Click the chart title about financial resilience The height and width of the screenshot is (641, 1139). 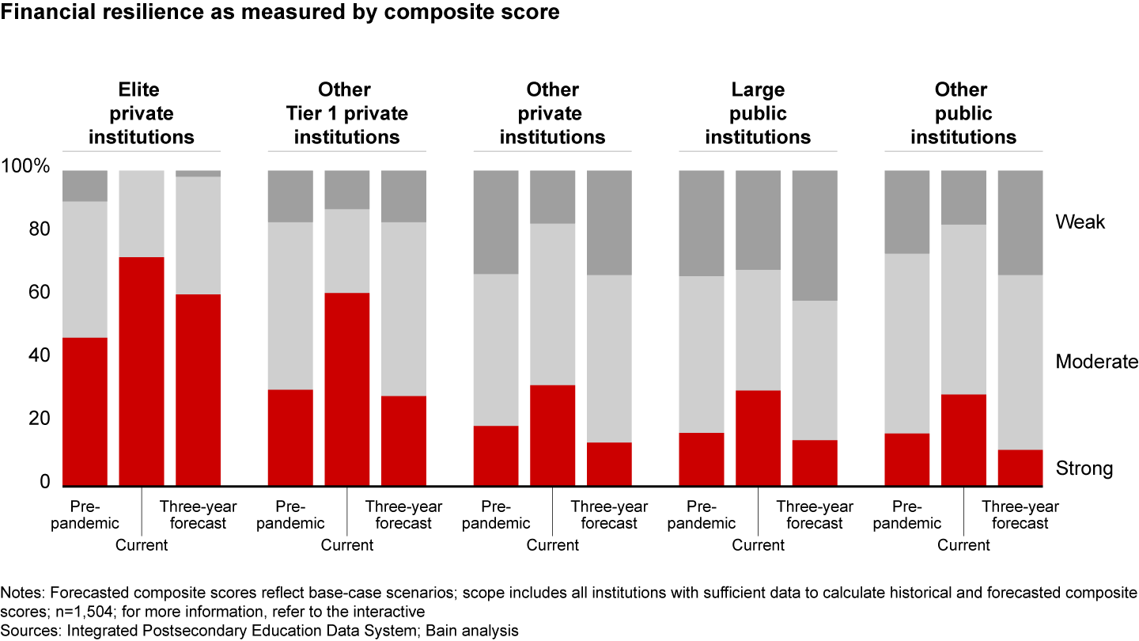click(x=280, y=13)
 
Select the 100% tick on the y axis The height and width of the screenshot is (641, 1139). click(x=26, y=167)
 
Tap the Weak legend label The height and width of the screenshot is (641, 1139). click(x=1080, y=222)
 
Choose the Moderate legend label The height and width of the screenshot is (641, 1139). click(x=1095, y=362)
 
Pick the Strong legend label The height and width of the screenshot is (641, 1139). click(x=1084, y=468)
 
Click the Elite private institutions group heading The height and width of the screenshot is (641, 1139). click(x=142, y=113)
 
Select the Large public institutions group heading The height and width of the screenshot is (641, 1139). click(x=758, y=113)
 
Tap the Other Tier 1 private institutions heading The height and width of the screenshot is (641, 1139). click(x=346, y=113)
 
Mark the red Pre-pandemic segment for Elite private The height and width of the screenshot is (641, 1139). click(x=85, y=412)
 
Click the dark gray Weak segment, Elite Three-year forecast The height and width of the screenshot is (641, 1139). click(x=198, y=173)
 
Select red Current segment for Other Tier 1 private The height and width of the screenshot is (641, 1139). click(x=346, y=389)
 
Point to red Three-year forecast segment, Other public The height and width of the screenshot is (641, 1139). click(x=1020, y=467)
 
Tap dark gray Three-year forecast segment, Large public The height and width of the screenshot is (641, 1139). click(x=815, y=235)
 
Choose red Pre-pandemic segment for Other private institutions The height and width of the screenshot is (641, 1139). click(x=496, y=455)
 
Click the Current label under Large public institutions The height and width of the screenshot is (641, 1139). click(x=758, y=545)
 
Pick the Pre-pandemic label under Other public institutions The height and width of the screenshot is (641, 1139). click(x=907, y=515)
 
